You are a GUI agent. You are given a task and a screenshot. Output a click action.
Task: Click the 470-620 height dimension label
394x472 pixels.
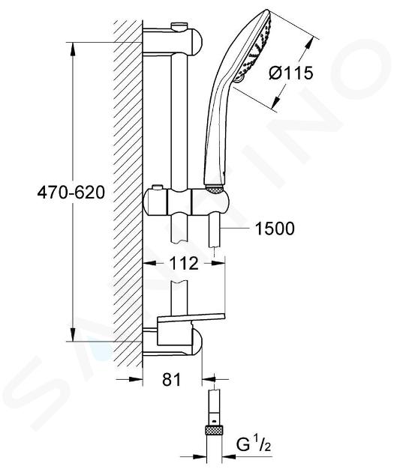(x=71, y=192)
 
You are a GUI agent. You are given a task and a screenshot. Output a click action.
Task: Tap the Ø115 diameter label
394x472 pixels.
(x=291, y=73)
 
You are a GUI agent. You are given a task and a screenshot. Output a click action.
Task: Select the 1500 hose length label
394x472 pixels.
(x=275, y=229)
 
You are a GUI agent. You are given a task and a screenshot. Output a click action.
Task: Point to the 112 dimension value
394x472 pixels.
(x=184, y=264)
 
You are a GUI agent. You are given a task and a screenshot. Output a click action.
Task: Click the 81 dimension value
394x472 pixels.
(x=172, y=379)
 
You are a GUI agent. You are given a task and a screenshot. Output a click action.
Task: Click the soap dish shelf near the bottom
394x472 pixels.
(x=191, y=318)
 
